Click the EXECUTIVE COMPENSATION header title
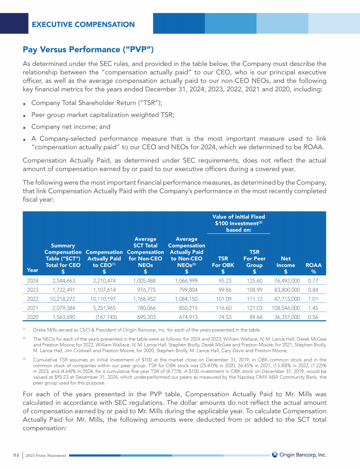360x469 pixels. pos(83,24)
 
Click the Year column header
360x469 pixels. pos(33,270)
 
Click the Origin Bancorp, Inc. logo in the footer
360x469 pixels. pos(299,454)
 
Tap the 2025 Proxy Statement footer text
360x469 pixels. pos(46,455)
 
